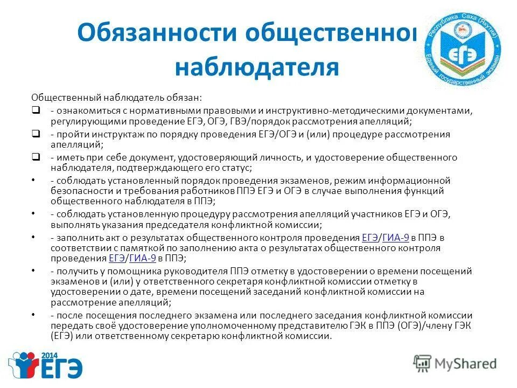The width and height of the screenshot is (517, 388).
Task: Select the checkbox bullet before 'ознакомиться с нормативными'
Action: (35, 110)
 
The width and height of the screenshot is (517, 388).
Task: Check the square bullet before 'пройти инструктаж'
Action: (35, 134)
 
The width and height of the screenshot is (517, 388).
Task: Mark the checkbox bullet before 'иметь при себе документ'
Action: (35, 157)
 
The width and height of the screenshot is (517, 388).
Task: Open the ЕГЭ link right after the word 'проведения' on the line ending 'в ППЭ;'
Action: (117, 259)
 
